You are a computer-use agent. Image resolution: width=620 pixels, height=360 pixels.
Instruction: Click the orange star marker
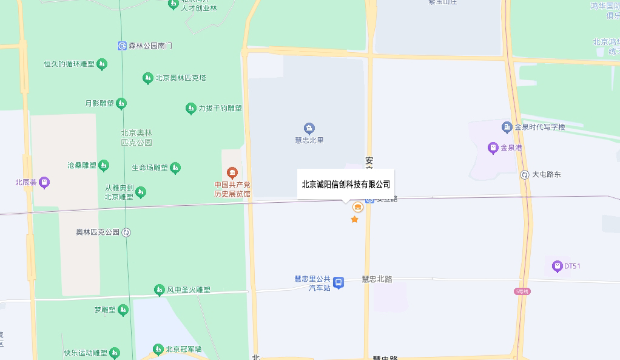pyautogui.click(x=355, y=219)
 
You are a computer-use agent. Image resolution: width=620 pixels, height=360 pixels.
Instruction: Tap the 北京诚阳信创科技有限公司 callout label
pyautogui.click(x=346, y=185)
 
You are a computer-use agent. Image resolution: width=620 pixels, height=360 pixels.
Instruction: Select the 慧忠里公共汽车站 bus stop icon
pyautogui.click(x=339, y=282)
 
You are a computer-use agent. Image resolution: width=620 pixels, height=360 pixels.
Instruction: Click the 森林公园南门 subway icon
pyautogui.click(x=122, y=46)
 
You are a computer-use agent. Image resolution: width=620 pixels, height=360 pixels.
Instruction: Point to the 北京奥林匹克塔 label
pyautogui.click(x=181, y=78)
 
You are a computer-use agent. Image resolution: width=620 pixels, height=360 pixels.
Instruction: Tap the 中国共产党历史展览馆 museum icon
pyautogui.click(x=231, y=173)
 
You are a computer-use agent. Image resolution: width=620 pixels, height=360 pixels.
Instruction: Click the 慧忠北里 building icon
pyautogui.click(x=309, y=128)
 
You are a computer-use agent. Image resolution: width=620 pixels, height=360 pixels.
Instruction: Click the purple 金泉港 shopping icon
pyautogui.click(x=493, y=148)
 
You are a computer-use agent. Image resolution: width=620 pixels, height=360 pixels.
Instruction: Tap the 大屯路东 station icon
pyautogui.click(x=524, y=175)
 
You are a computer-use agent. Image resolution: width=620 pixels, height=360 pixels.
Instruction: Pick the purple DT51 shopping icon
pyautogui.click(x=557, y=266)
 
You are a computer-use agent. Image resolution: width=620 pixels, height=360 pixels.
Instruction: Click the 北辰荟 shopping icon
pyautogui.click(x=44, y=182)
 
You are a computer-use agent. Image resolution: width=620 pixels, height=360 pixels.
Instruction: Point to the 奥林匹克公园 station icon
pyautogui.click(x=126, y=232)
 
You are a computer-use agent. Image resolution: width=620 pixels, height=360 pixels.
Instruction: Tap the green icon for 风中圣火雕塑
pyautogui.click(x=159, y=290)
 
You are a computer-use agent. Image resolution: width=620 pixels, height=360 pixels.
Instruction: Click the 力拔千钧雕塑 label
pyautogui.click(x=220, y=109)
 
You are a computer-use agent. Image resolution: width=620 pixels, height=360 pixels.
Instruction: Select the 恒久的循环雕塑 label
pyautogui.click(x=69, y=64)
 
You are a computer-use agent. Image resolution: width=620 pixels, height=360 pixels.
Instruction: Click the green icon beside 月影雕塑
pyautogui.click(x=121, y=104)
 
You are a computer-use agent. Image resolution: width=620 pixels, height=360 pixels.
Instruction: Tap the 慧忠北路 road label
pyautogui.click(x=377, y=279)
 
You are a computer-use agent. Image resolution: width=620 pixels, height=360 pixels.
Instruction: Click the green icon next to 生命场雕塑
pyautogui.click(x=175, y=168)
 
